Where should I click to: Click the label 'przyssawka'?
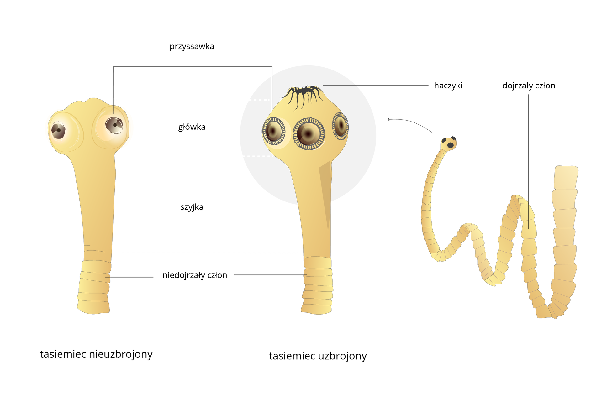192,47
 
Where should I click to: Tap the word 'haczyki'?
448,86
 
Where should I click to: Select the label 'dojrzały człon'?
529,86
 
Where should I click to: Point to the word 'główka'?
192,127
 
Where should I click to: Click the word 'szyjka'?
192,207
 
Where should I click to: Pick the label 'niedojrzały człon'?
194,275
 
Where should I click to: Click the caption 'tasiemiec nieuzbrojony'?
96,354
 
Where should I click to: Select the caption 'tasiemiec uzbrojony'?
318,356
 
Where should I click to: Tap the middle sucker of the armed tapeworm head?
309,134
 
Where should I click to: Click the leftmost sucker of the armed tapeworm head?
274,131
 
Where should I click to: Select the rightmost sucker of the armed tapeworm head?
340,126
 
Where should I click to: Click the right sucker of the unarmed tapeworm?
114,125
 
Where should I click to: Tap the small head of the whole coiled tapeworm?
448,144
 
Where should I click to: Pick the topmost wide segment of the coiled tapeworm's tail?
566,177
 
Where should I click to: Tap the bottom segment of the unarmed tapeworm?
93,307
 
